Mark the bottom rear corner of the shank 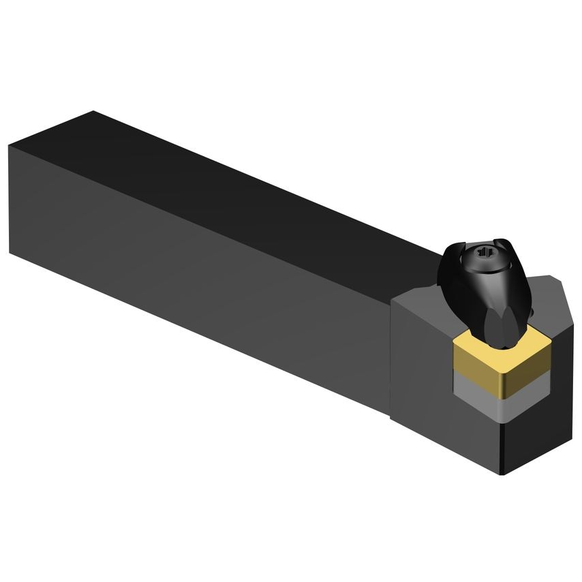point(10,252)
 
